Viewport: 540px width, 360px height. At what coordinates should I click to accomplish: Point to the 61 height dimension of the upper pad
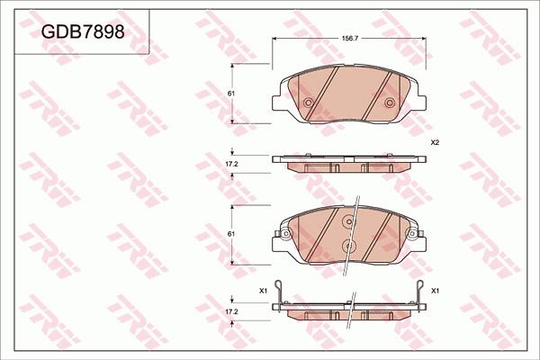click(230, 94)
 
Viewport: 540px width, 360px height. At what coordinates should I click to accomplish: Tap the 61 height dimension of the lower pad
click(230, 233)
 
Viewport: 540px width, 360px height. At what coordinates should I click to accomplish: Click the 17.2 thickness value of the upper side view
click(230, 164)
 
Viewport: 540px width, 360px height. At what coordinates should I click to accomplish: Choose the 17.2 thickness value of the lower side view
click(230, 310)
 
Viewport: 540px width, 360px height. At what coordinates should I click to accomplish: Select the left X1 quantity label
click(263, 291)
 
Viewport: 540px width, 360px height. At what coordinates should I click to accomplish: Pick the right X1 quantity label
click(435, 291)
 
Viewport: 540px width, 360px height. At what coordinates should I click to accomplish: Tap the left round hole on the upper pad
click(309, 103)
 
